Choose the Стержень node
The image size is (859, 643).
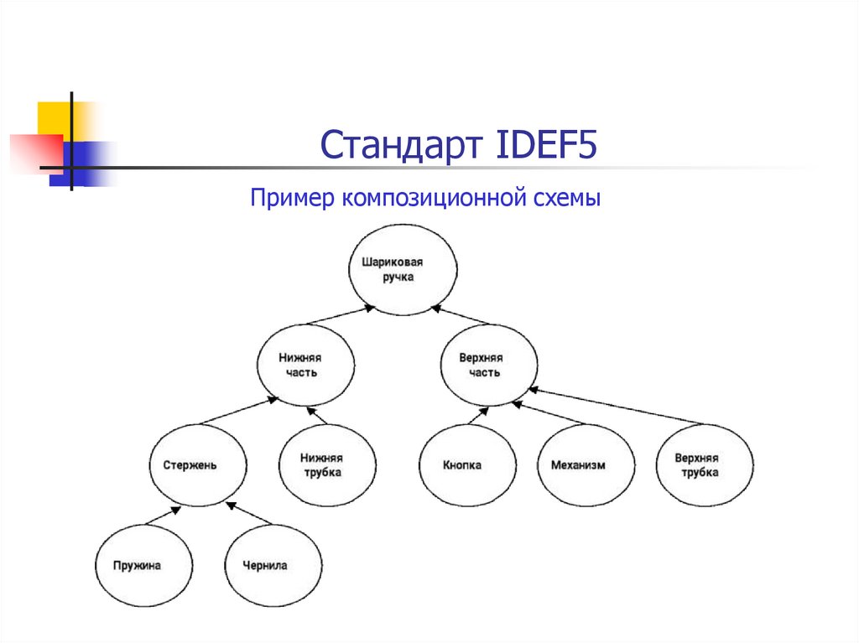click(198, 465)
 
